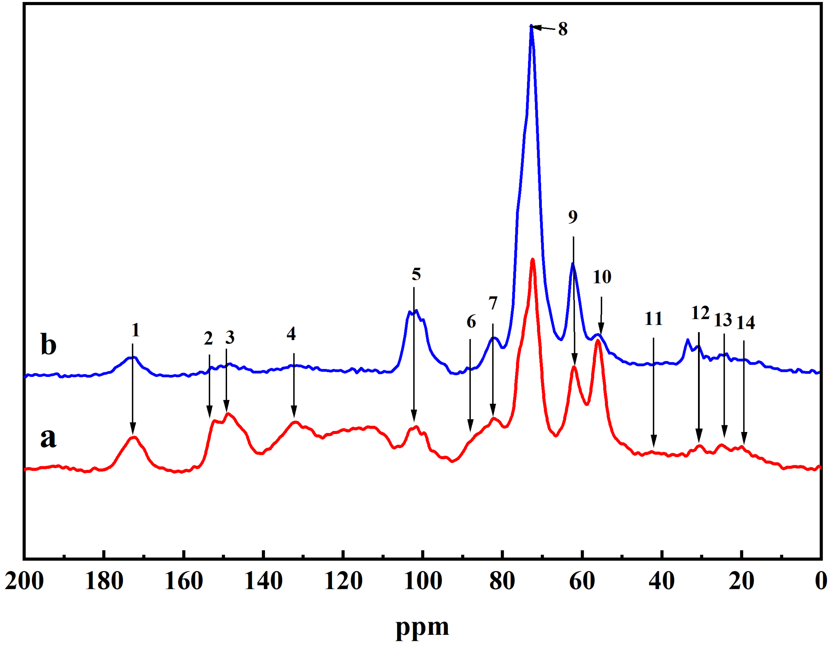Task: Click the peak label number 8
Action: point(563,29)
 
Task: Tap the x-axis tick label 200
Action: point(24,581)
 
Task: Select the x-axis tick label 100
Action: point(423,581)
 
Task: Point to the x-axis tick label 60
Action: point(582,581)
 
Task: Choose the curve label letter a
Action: point(48,438)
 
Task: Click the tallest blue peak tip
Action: point(531,26)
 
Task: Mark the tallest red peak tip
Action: point(532,259)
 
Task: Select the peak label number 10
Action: point(602,276)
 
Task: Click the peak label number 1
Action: point(135,330)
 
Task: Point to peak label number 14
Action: point(745,323)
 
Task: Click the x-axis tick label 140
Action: point(263,581)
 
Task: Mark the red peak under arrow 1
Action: point(133,438)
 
